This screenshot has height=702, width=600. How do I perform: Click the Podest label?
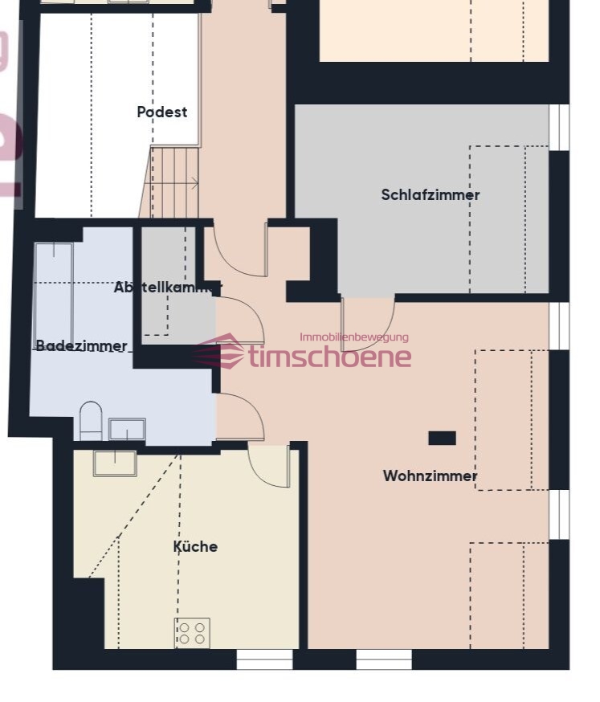[161, 112]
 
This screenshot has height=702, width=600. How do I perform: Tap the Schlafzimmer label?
[431, 194]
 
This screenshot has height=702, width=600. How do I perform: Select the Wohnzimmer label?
[430, 475]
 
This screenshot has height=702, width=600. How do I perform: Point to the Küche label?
[195, 546]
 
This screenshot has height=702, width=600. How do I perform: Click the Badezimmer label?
[81, 345]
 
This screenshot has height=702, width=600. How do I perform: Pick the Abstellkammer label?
[168, 287]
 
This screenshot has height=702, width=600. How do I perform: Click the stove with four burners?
[192, 633]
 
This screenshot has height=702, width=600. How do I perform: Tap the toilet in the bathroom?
[91, 421]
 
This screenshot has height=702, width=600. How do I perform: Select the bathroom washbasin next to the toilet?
[127, 430]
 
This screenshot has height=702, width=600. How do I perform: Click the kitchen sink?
[115, 463]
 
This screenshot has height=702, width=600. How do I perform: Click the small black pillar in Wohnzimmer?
[442, 438]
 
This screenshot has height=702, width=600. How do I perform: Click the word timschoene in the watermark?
[329, 357]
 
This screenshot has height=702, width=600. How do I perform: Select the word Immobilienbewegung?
[353, 337]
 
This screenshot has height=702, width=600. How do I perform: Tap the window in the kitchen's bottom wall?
[264, 659]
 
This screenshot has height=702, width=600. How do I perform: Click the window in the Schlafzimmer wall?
[559, 127]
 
